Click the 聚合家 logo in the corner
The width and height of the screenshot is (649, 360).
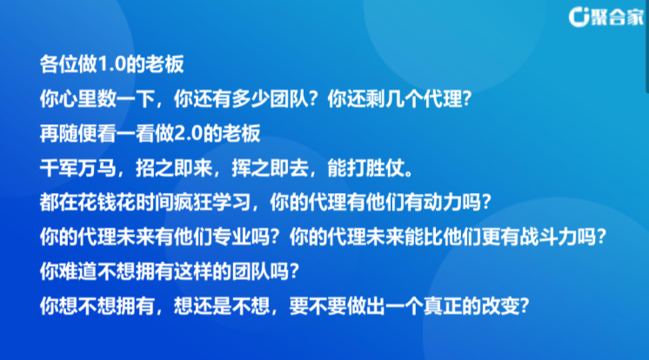pos(606,17)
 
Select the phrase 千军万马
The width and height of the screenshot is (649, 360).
pos(77,169)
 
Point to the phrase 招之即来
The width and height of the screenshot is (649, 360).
pos(174,169)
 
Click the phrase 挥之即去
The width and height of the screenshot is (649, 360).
pos(270,169)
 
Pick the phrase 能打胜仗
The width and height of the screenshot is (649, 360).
pos(365,169)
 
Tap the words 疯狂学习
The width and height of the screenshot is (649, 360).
pos(212,203)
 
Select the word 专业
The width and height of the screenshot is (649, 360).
pos(231,237)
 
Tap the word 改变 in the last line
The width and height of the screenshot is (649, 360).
pos(500,306)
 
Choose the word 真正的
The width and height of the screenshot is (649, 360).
pos(452,306)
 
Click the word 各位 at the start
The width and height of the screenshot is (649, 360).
pos(59,64)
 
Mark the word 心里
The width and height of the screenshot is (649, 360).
pos(77,99)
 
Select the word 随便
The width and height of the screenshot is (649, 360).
pos(77,134)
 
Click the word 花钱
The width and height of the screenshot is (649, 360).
pos(97,203)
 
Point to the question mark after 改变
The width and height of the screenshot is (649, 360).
pos(525,306)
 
